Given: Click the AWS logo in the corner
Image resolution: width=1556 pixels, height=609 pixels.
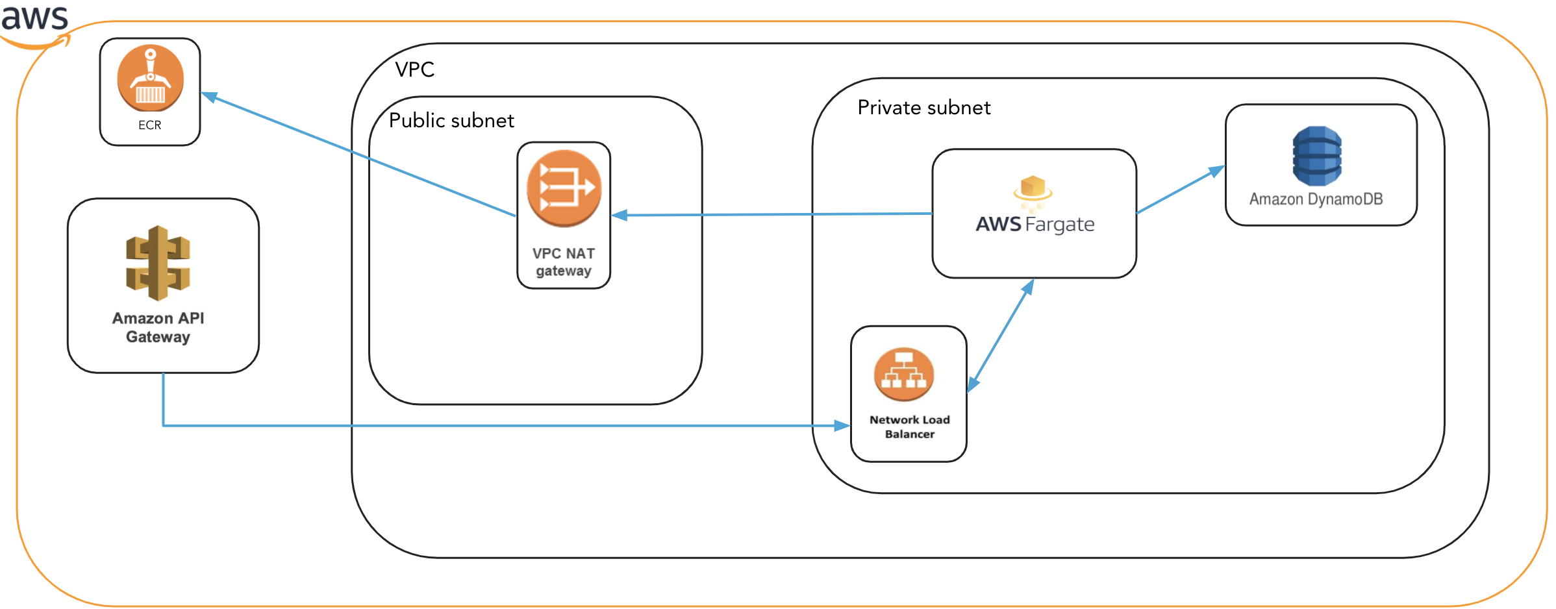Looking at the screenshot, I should click(x=35, y=23).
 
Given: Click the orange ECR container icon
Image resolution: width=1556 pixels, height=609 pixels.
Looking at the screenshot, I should click(x=150, y=78).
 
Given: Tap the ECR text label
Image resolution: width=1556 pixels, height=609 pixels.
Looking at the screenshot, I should click(x=149, y=125).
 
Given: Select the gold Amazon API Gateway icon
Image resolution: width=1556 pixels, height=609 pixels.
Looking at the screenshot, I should click(x=158, y=263).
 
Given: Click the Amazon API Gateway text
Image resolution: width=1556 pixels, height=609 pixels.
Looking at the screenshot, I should click(x=158, y=327).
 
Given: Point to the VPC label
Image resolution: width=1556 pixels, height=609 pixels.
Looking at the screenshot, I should click(x=414, y=69).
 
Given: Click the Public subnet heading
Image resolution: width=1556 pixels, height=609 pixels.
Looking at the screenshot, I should click(x=451, y=121).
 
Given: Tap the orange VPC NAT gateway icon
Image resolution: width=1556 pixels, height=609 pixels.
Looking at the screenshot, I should click(x=564, y=188).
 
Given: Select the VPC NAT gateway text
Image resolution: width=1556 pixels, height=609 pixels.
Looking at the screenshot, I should click(x=564, y=262).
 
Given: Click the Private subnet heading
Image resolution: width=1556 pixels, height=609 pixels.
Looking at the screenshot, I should click(x=923, y=108).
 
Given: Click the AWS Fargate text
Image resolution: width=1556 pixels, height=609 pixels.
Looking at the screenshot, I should click(x=1035, y=225).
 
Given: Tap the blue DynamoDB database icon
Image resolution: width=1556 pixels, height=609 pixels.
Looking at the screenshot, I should click(x=1316, y=156).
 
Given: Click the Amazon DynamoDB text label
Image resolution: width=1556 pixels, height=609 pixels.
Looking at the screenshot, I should click(x=1316, y=199).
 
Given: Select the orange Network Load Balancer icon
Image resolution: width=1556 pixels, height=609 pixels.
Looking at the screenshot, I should click(x=903, y=375).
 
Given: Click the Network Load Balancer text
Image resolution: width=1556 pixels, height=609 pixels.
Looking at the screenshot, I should click(x=909, y=427).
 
